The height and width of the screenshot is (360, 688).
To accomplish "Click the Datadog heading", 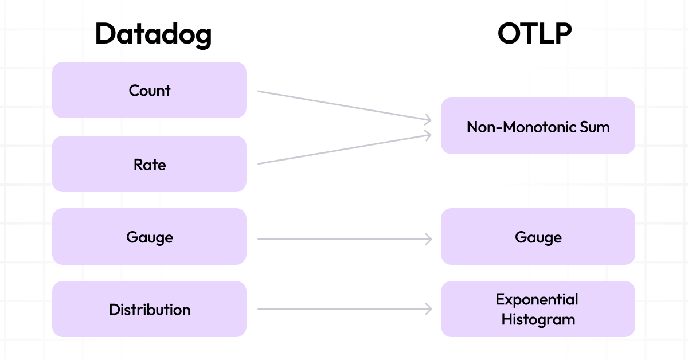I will click(x=153, y=34).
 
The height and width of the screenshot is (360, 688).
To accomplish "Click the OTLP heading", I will click(x=534, y=34).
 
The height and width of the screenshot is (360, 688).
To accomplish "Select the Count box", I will click(x=149, y=90).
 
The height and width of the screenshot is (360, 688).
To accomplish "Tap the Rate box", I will click(x=149, y=165).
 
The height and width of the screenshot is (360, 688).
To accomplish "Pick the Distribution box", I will click(x=149, y=310).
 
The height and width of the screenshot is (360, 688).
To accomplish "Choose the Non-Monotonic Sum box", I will click(x=538, y=126).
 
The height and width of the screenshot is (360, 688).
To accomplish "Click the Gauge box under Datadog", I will click(x=149, y=237).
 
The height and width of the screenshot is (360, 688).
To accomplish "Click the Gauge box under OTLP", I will click(x=538, y=237).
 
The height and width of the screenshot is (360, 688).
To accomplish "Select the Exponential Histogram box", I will click(x=538, y=309).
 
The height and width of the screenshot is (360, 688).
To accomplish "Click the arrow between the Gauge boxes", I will click(x=344, y=239).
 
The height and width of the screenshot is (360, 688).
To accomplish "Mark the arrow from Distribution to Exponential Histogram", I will click(x=344, y=309).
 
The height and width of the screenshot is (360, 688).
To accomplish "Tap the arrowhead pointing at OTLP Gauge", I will click(x=428, y=239).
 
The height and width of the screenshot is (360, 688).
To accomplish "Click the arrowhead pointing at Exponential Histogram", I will click(x=428, y=309).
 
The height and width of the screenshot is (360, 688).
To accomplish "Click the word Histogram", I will click(x=538, y=319).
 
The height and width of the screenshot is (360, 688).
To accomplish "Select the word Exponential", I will click(x=537, y=299).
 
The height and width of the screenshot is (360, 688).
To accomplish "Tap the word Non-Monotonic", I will click(x=520, y=127).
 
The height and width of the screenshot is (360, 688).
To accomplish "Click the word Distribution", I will click(x=149, y=310).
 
